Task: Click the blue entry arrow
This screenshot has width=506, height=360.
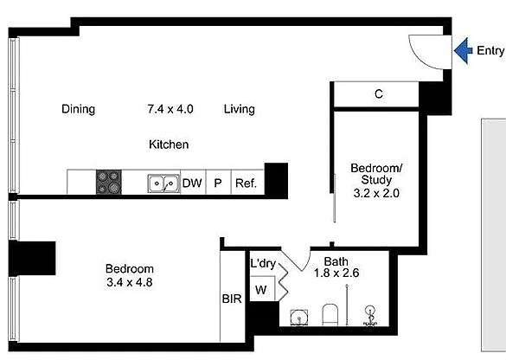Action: coord(463,49)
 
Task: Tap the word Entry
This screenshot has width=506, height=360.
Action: coord(490,50)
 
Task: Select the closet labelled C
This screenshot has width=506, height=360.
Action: coord(379,94)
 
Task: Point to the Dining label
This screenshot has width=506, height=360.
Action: coord(78,109)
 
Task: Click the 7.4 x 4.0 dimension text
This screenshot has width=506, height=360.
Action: coord(170,109)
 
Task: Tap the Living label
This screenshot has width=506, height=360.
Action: coord(240,109)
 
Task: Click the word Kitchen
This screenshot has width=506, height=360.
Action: coord(169,145)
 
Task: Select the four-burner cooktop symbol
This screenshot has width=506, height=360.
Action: coord(108,183)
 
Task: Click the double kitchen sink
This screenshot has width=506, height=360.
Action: coord(163,183)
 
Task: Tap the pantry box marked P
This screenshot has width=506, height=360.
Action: coord(218,183)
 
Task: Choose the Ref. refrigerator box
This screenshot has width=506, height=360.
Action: coord(246,183)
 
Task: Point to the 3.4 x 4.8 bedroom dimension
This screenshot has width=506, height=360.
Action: coord(129,281)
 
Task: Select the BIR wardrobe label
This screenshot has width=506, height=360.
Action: coord(231,299)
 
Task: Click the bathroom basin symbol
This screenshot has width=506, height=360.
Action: coord(298,318)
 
